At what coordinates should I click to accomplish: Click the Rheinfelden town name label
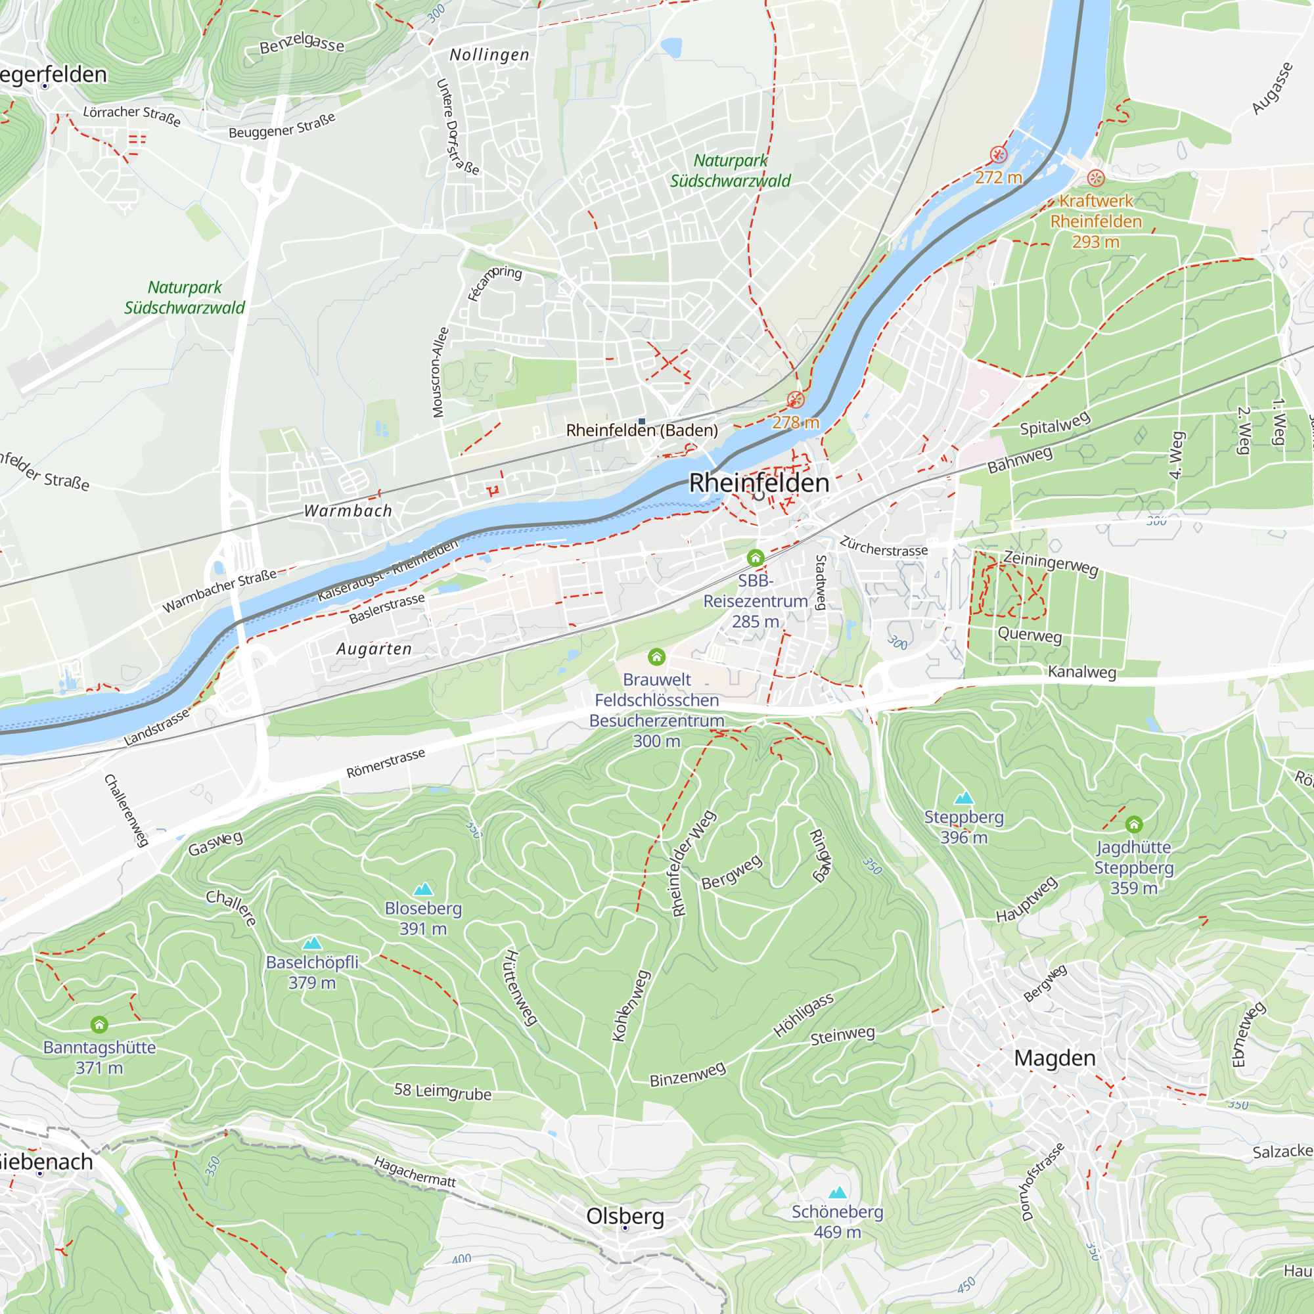(x=759, y=483)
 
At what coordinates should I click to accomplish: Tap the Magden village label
(x=1055, y=1058)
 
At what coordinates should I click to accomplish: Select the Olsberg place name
(x=625, y=1216)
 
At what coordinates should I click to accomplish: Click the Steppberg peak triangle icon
(x=964, y=798)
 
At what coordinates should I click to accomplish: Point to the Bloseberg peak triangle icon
(x=423, y=889)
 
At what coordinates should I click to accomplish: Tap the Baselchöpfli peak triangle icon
(x=311, y=943)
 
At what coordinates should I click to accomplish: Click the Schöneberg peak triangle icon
(x=837, y=1192)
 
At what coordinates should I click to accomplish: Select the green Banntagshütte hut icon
(x=99, y=1024)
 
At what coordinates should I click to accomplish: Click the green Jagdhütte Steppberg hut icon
(x=1134, y=825)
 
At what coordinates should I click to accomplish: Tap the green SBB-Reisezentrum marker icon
(x=755, y=558)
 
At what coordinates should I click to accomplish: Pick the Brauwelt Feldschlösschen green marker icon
(x=656, y=656)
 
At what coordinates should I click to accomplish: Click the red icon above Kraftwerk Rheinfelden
(x=1096, y=178)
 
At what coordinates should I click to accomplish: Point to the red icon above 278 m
(x=795, y=399)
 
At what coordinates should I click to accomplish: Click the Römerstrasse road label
(x=386, y=763)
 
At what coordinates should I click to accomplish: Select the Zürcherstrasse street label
(x=884, y=546)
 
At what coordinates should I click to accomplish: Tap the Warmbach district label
(x=348, y=510)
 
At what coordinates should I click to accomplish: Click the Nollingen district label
(x=489, y=55)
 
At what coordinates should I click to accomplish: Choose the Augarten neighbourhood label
(x=374, y=649)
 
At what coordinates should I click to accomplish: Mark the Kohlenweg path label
(x=631, y=1005)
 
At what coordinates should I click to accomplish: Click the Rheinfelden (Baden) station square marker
(x=641, y=422)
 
